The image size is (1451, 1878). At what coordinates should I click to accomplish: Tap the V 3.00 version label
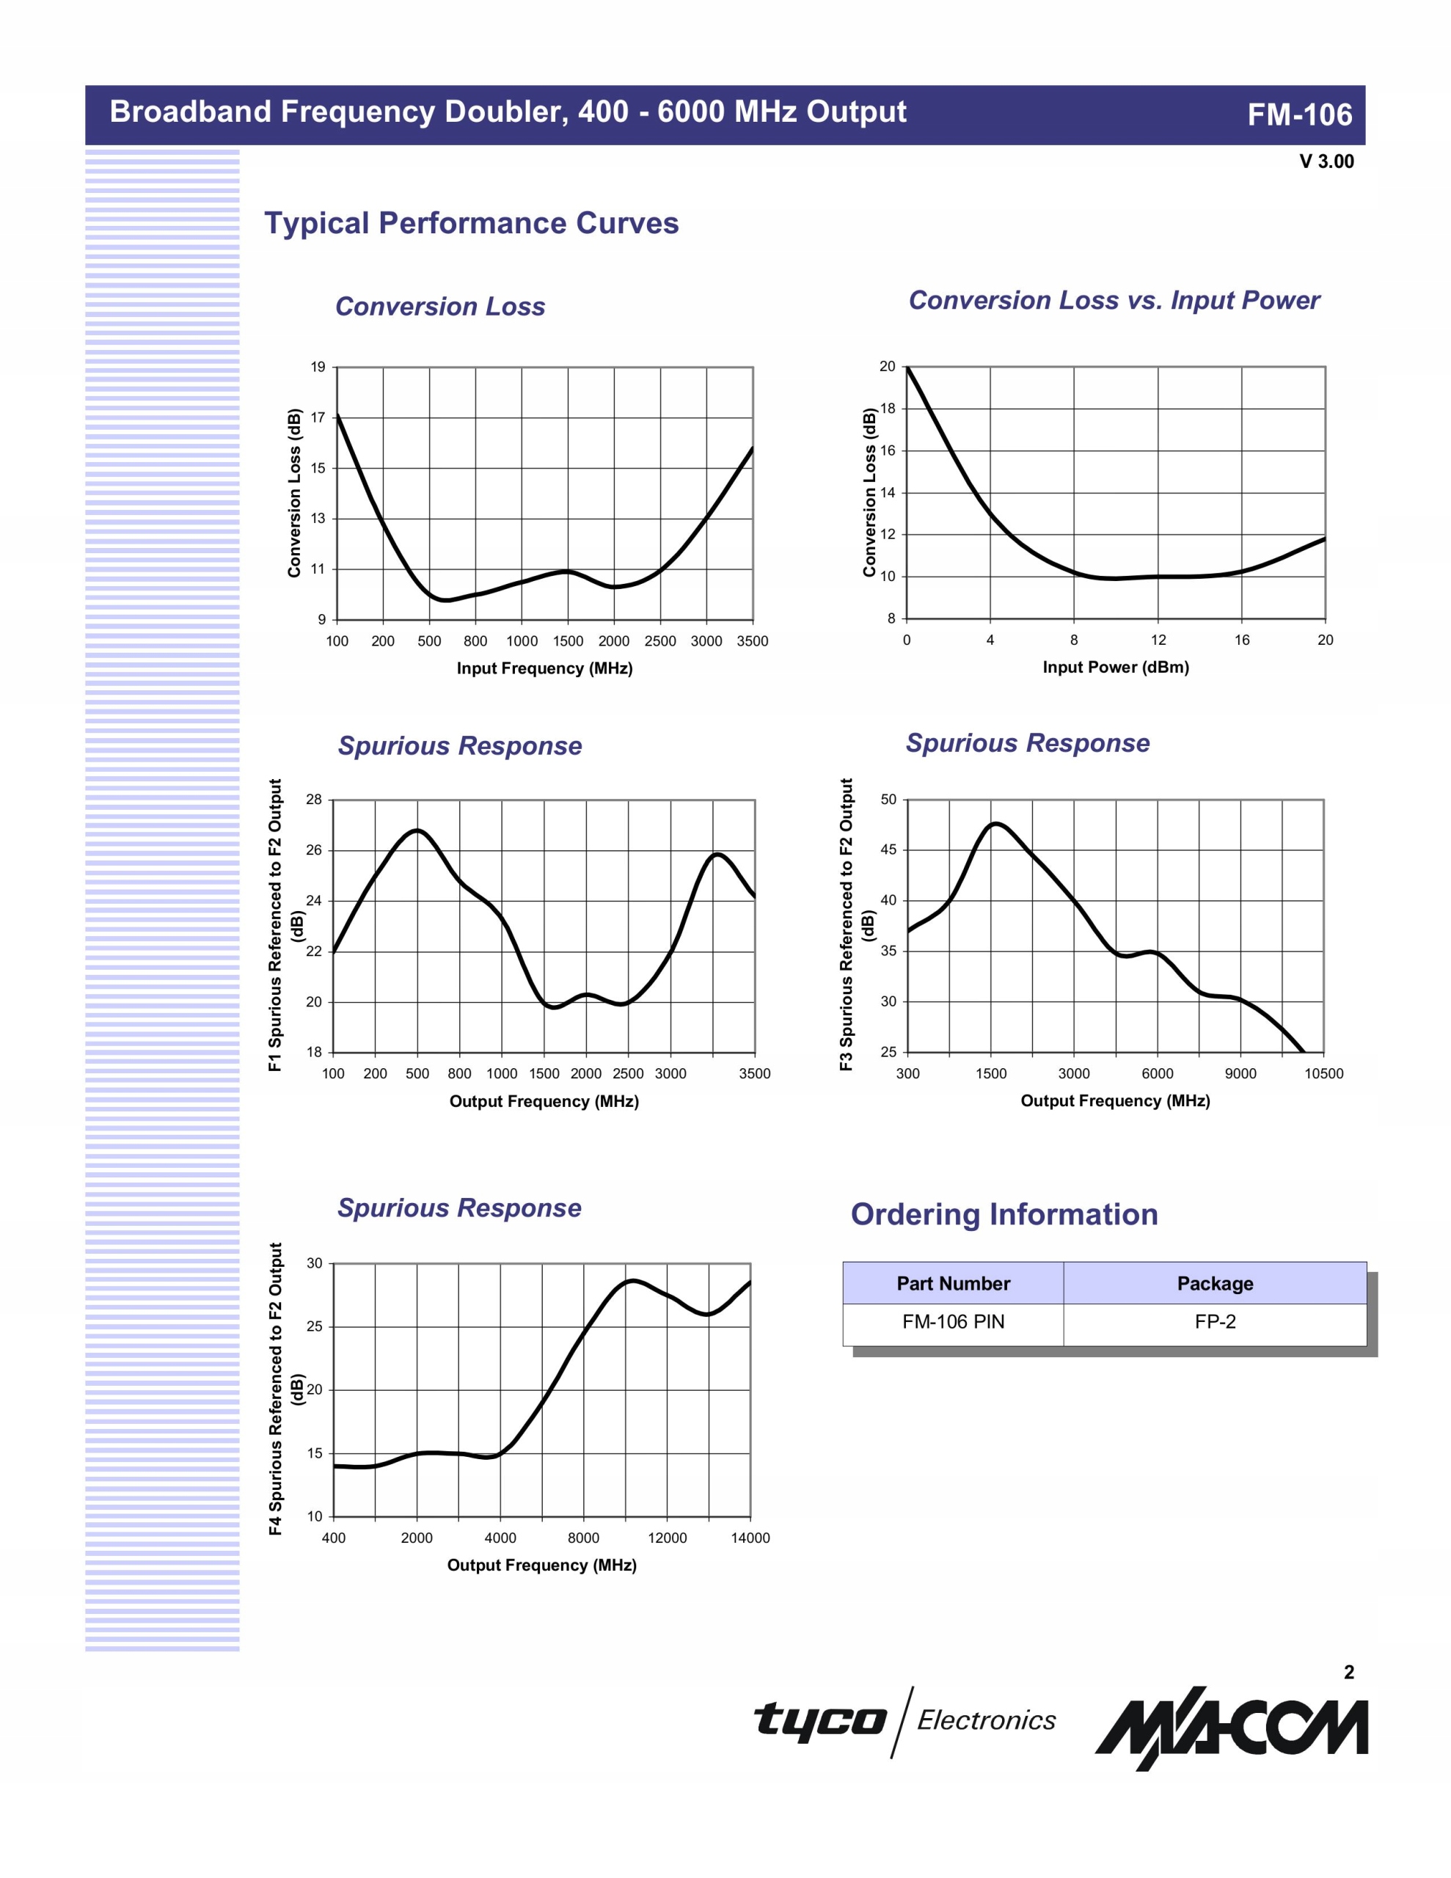coord(1326,161)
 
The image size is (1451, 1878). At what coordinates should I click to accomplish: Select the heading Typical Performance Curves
coord(472,224)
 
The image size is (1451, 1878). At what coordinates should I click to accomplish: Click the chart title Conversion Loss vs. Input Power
coord(1113,300)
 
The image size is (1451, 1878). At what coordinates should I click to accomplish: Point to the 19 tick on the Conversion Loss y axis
coord(318,368)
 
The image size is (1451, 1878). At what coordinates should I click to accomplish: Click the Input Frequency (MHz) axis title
coord(544,668)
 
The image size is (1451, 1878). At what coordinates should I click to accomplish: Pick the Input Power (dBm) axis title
coord(1116,668)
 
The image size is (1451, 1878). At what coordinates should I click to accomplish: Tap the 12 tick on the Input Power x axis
coord(1158,640)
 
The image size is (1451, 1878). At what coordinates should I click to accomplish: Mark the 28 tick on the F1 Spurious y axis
coord(314,800)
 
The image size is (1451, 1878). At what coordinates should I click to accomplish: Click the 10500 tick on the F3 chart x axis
coord(1323,1073)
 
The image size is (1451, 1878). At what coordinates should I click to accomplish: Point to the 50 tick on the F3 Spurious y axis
coord(888,800)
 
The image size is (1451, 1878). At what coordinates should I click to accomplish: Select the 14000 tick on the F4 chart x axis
coord(750,1538)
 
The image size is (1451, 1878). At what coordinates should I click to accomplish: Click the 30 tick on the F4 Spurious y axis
coord(315,1263)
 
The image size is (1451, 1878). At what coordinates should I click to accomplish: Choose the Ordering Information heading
coord(1004,1214)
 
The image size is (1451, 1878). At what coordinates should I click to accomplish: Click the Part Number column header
coord(953,1284)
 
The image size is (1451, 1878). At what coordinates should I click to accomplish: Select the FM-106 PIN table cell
coord(953,1322)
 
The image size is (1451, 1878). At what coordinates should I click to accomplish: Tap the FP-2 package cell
coord(1215,1322)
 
